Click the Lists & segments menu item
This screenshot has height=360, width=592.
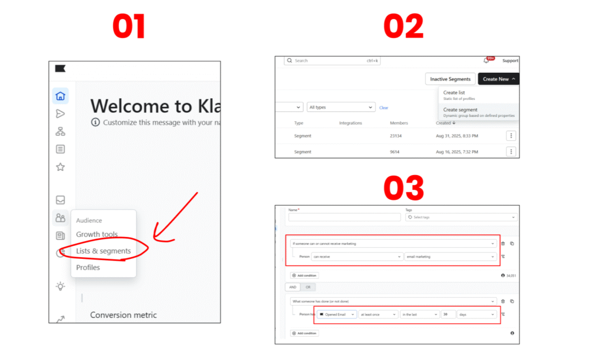point(103,251)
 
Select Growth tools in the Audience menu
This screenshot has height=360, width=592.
point(97,235)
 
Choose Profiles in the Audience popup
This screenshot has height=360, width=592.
point(88,268)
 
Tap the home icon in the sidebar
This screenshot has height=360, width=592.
point(60,96)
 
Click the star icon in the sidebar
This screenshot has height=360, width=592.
point(60,167)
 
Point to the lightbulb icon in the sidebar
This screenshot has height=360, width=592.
point(60,286)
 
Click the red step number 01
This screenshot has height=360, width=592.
point(129,28)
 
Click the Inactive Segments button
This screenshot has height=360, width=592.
point(450,79)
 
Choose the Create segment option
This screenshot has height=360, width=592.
point(460,110)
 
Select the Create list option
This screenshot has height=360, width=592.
point(454,92)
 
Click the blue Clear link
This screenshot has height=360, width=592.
point(383,107)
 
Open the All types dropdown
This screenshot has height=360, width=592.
point(341,107)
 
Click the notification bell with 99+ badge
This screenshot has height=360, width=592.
point(486,61)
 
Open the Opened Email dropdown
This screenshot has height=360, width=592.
point(336,314)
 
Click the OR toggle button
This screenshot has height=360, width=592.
point(308,287)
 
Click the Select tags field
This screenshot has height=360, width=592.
point(461,217)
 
